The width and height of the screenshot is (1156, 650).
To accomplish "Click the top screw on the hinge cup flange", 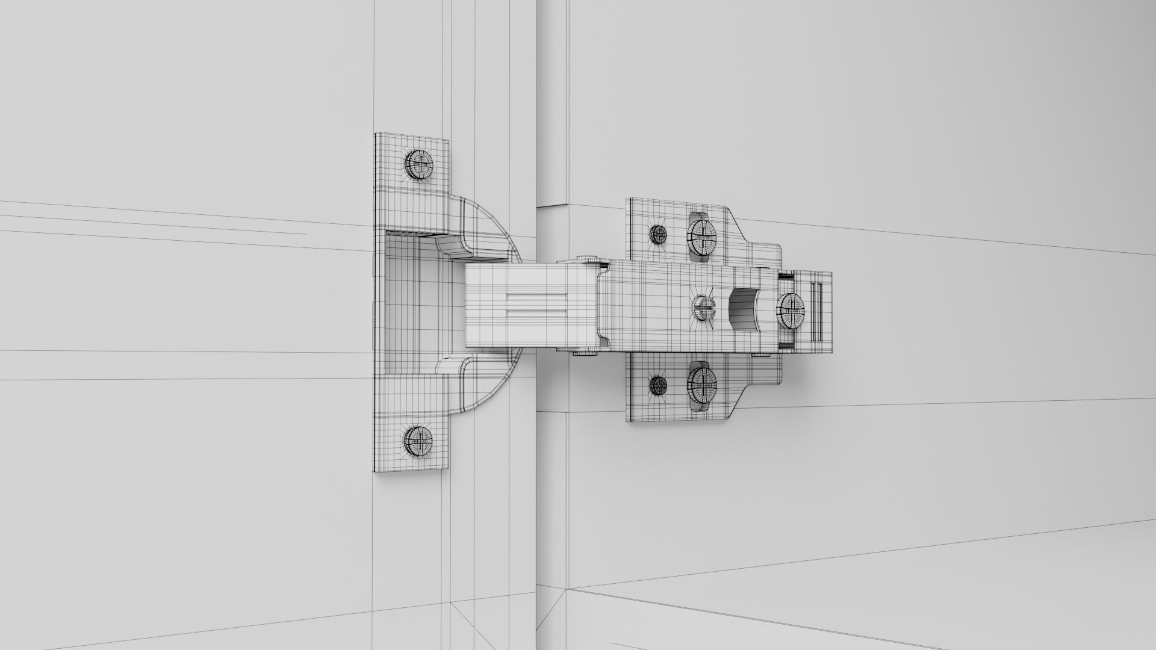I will click(x=418, y=163).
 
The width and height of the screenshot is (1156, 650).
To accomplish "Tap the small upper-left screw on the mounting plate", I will click(x=657, y=233).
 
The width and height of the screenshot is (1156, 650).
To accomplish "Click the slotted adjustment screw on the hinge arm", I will click(x=701, y=308).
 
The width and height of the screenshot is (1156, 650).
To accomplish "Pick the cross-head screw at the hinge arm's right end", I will click(x=791, y=311).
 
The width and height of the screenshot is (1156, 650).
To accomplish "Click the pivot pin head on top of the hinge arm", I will click(x=587, y=259).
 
